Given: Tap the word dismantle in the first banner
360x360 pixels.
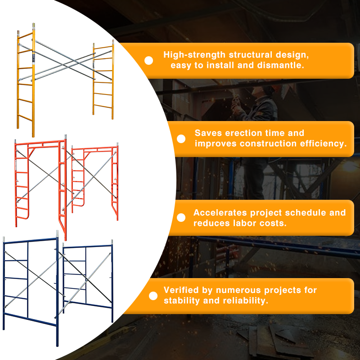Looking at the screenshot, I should click(283, 65).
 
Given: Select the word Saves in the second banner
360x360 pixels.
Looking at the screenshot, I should click(208, 133).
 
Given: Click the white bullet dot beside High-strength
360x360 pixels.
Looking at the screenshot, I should click(148, 60).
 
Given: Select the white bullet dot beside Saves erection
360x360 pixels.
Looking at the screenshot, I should click(181, 139).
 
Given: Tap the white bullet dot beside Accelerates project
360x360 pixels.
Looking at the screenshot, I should click(181, 218).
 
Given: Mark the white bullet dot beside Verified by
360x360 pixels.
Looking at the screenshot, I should click(153, 296).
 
